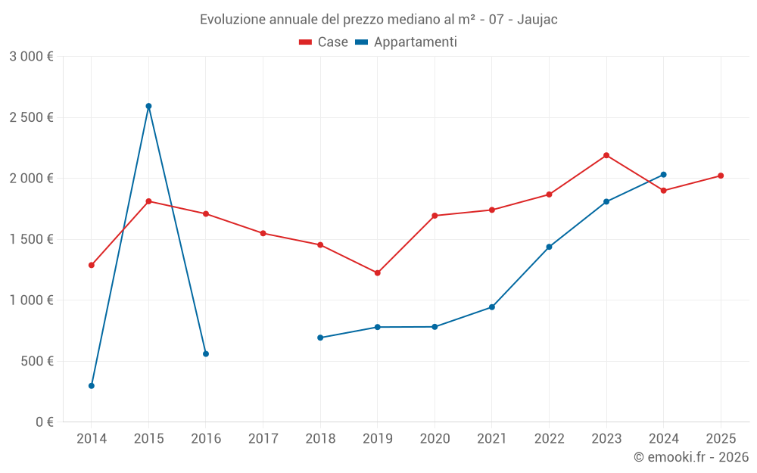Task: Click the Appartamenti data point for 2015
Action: pyautogui.click(x=148, y=106)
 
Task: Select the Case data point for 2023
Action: pyautogui.click(x=606, y=155)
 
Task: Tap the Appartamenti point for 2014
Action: pyautogui.click(x=92, y=386)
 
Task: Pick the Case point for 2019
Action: pyautogui.click(x=378, y=272)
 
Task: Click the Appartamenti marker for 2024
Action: pyautogui.click(x=664, y=175)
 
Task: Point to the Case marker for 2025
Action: pyautogui.click(x=721, y=176)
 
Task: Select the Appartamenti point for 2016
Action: pyautogui.click(x=206, y=354)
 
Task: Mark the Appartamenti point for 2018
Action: pyautogui.click(x=320, y=338)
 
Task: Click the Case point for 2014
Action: pyautogui.click(x=92, y=265)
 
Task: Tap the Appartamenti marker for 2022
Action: pyautogui.click(x=549, y=247)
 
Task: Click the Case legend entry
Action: pyautogui.click(x=323, y=42)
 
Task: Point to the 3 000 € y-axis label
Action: pyautogui.click(x=31, y=57)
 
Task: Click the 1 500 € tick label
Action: pyautogui.click(x=31, y=239)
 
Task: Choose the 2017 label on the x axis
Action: pyautogui.click(x=263, y=439)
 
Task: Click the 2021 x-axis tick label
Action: pyautogui.click(x=491, y=439)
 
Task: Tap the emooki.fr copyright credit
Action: pyautogui.click(x=690, y=457)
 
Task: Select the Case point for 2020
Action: pyautogui.click(x=435, y=216)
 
